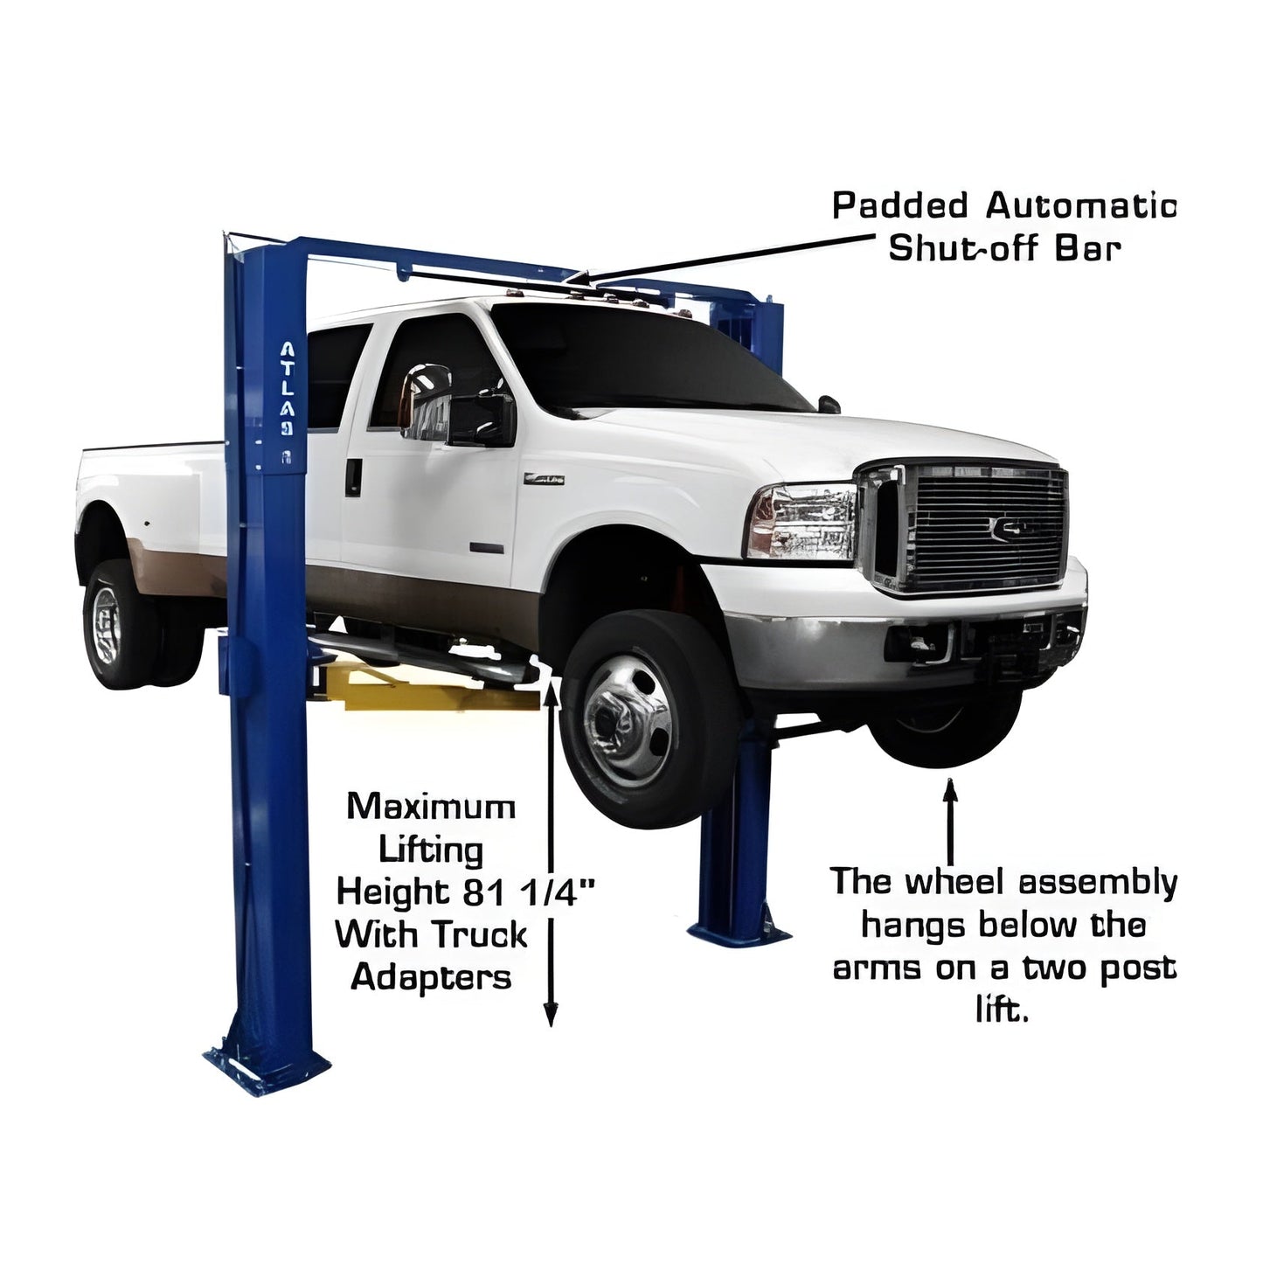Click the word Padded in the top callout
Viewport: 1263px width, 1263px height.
tap(899, 208)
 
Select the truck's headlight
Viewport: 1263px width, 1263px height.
tap(801, 523)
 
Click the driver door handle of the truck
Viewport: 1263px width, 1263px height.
tap(353, 476)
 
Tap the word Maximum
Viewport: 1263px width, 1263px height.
tap(431, 806)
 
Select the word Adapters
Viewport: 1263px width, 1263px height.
tap(431, 977)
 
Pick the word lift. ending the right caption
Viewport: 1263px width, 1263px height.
tap(1002, 1011)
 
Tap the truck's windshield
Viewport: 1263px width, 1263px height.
tap(647, 358)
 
